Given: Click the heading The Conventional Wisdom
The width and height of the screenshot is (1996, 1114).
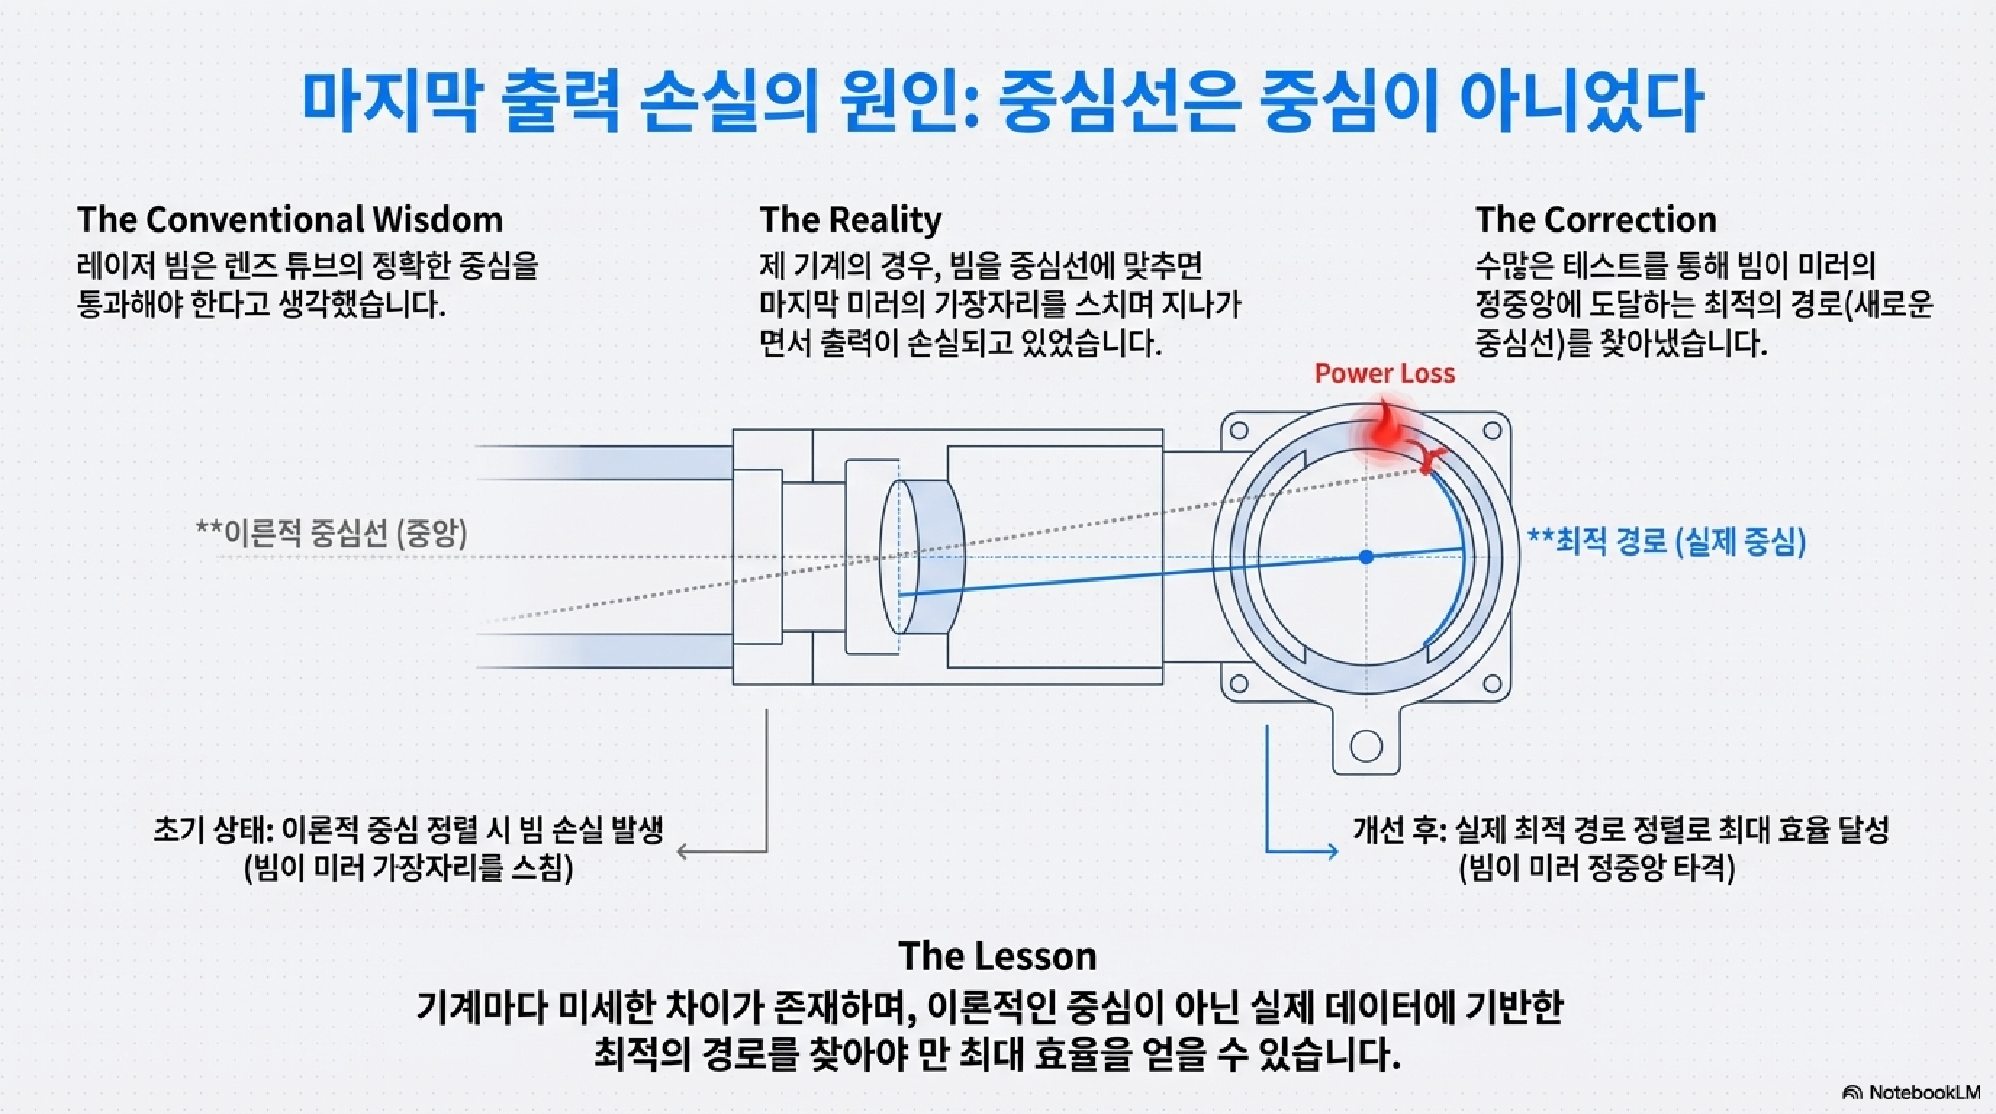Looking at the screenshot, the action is tap(290, 220).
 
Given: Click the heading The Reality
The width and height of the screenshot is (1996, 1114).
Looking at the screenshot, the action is tap(850, 220).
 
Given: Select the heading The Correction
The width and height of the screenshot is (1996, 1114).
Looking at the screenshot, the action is tap(1595, 220).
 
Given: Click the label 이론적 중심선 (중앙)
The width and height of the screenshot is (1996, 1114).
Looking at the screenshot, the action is tap(332, 534).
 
